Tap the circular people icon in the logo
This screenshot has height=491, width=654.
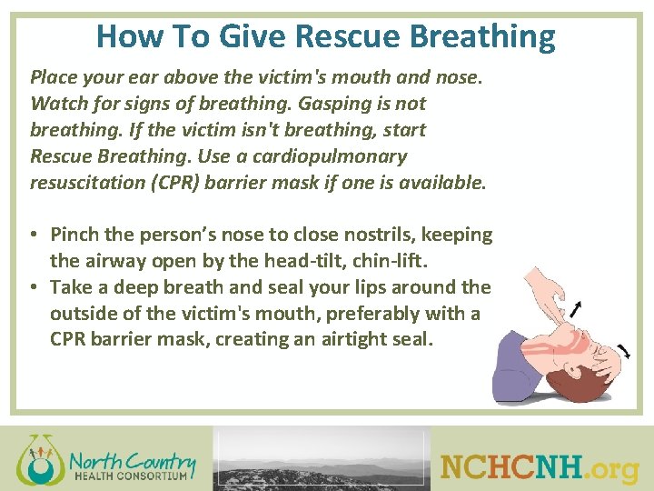[37, 459]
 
